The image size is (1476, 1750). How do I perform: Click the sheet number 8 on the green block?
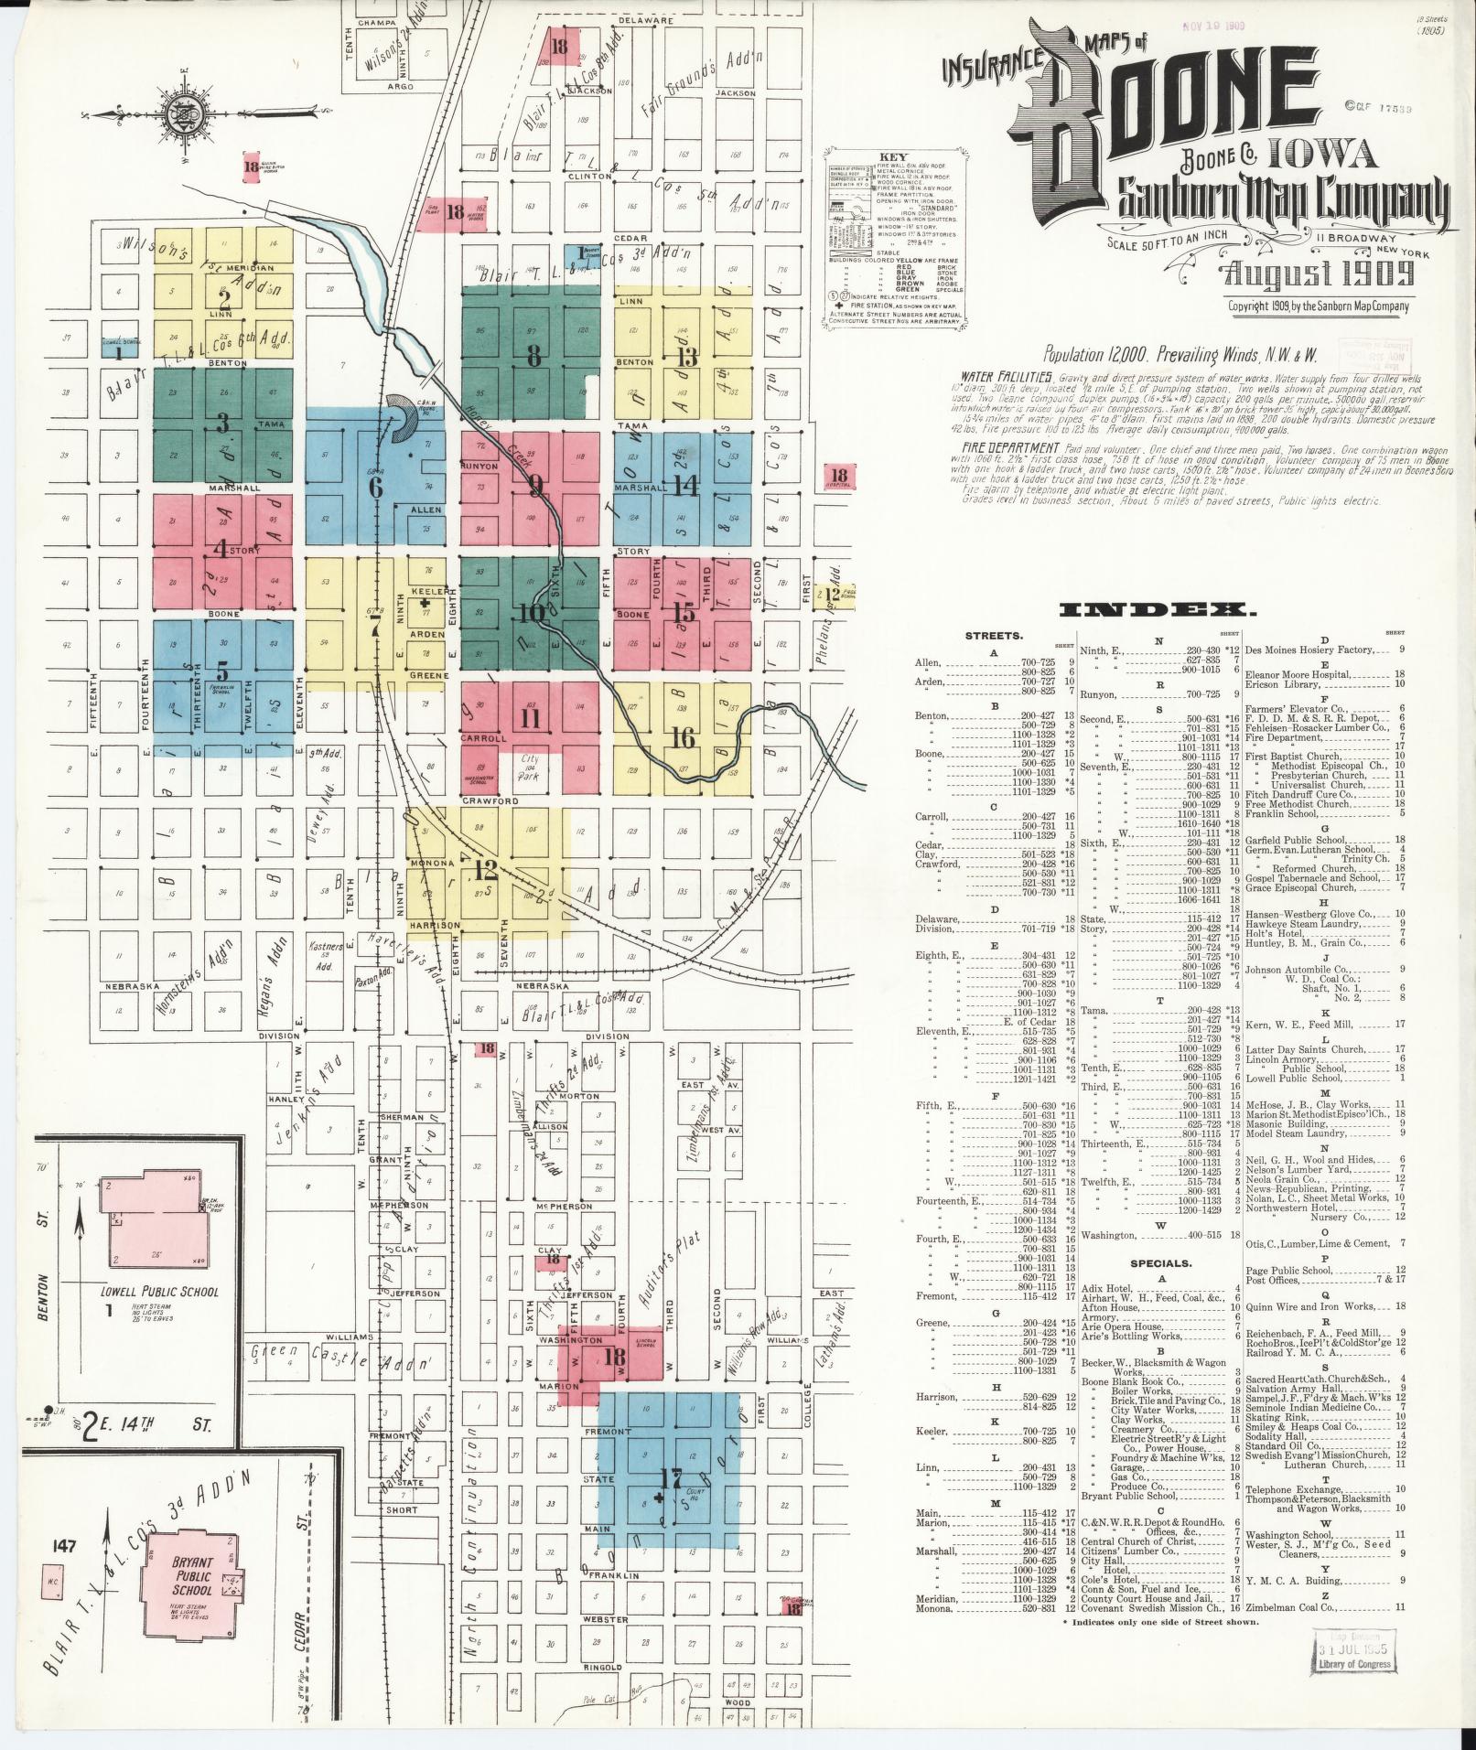[533, 356]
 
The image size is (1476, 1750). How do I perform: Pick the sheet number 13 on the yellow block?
[687, 356]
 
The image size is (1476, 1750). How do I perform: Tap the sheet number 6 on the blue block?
[375, 487]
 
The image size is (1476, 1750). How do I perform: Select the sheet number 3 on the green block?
[221, 424]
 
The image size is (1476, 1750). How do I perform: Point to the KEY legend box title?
[892, 157]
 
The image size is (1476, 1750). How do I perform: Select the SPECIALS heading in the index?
[1160, 1263]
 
